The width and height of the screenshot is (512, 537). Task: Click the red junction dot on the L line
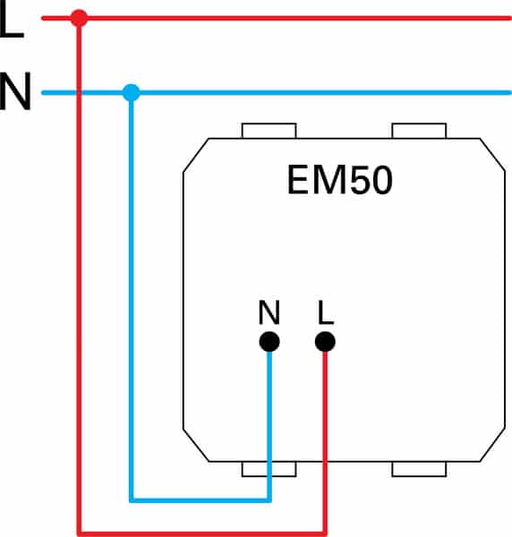pos(79,18)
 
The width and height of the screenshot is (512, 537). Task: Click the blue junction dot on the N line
pos(132,92)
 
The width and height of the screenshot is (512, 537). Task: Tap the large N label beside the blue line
pos(15,91)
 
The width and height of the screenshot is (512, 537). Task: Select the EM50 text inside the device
pos(339,180)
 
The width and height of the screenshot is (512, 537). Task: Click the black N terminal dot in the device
pos(269,342)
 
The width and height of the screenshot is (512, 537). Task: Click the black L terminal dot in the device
pos(325,342)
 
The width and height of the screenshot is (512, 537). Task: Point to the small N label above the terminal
pos(269,312)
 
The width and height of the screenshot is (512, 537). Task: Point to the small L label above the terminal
pos(325,312)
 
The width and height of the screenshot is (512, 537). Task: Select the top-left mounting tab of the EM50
pos(269,131)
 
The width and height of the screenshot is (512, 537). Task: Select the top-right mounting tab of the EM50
pos(419,131)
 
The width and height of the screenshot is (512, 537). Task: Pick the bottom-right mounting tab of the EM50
pos(419,469)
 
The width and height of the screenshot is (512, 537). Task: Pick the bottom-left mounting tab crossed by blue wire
pos(269,469)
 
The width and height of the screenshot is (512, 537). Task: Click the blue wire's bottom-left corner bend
pos(132,500)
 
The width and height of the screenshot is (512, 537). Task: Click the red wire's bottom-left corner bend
pos(79,533)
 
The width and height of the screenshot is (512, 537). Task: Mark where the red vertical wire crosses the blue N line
pos(79,92)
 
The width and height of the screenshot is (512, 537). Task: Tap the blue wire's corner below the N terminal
pos(269,500)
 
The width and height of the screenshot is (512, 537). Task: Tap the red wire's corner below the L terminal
pos(325,533)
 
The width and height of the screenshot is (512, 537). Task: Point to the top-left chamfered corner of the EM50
pos(196,155)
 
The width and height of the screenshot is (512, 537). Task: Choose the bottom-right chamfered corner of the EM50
pos(492,445)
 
